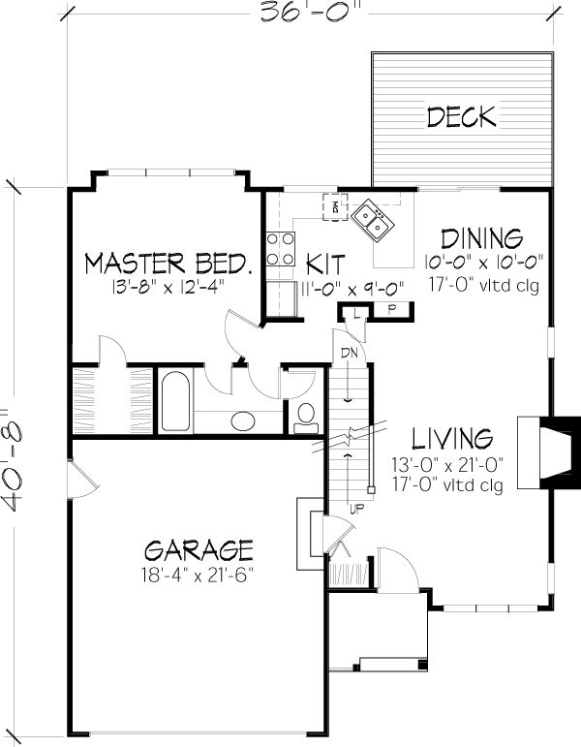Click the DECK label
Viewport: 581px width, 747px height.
(x=462, y=117)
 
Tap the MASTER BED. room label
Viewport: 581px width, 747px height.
(x=168, y=264)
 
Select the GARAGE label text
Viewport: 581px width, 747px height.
(x=199, y=550)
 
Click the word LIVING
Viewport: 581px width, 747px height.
(x=452, y=439)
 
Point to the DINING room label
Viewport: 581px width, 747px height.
(x=481, y=239)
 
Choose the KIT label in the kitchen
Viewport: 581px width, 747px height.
(x=325, y=264)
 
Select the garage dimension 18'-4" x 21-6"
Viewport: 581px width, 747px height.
(x=197, y=576)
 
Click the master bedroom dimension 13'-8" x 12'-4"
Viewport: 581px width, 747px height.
(x=168, y=288)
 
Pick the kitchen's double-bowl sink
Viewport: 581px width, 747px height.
(x=373, y=221)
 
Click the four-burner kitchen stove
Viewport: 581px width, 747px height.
(x=280, y=249)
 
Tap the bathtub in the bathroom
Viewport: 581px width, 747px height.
(x=175, y=401)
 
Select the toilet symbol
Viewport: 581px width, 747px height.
(x=306, y=419)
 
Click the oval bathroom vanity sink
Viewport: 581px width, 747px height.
(x=243, y=420)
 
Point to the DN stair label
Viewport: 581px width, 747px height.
(x=349, y=354)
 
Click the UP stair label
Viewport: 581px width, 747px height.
(x=356, y=509)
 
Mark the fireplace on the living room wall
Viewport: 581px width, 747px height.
(x=549, y=452)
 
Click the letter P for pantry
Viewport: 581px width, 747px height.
(x=391, y=310)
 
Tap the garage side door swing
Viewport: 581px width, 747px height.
(x=84, y=479)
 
